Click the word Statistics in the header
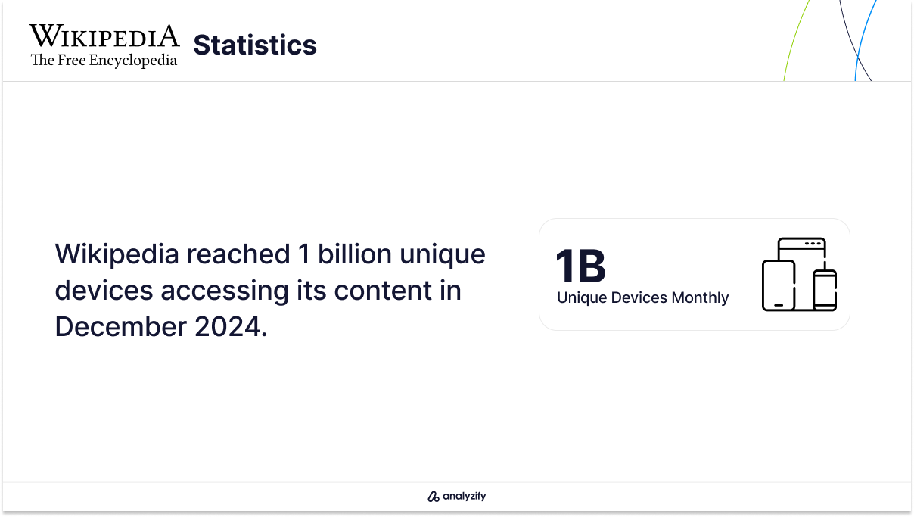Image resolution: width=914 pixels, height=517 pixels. [x=255, y=45]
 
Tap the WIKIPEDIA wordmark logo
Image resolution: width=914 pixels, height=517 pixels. [x=104, y=36]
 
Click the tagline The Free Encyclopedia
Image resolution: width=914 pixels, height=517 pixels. [x=104, y=60]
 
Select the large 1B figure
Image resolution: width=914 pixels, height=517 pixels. [x=580, y=266]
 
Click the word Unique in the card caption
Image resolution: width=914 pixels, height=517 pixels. [x=582, y=298]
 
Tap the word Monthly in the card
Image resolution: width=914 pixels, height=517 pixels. [x=700, y=297]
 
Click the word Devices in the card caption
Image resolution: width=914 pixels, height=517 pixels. [x=639, y=297]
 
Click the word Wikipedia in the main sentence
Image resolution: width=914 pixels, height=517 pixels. [x=117, y=255]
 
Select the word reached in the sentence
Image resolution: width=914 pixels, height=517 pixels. [x=238, y=254]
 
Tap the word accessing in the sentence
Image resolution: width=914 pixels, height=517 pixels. [x=225, y=291]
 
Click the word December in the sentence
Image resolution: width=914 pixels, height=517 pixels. [x=120, y=327]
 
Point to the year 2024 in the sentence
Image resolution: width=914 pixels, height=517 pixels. [x=228, y=327]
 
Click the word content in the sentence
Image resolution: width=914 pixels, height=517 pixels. [x=383, y=291]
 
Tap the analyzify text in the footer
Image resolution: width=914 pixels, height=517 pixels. [x=465, y=496]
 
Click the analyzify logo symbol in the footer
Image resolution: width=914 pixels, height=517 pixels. [x=434, y=497]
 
